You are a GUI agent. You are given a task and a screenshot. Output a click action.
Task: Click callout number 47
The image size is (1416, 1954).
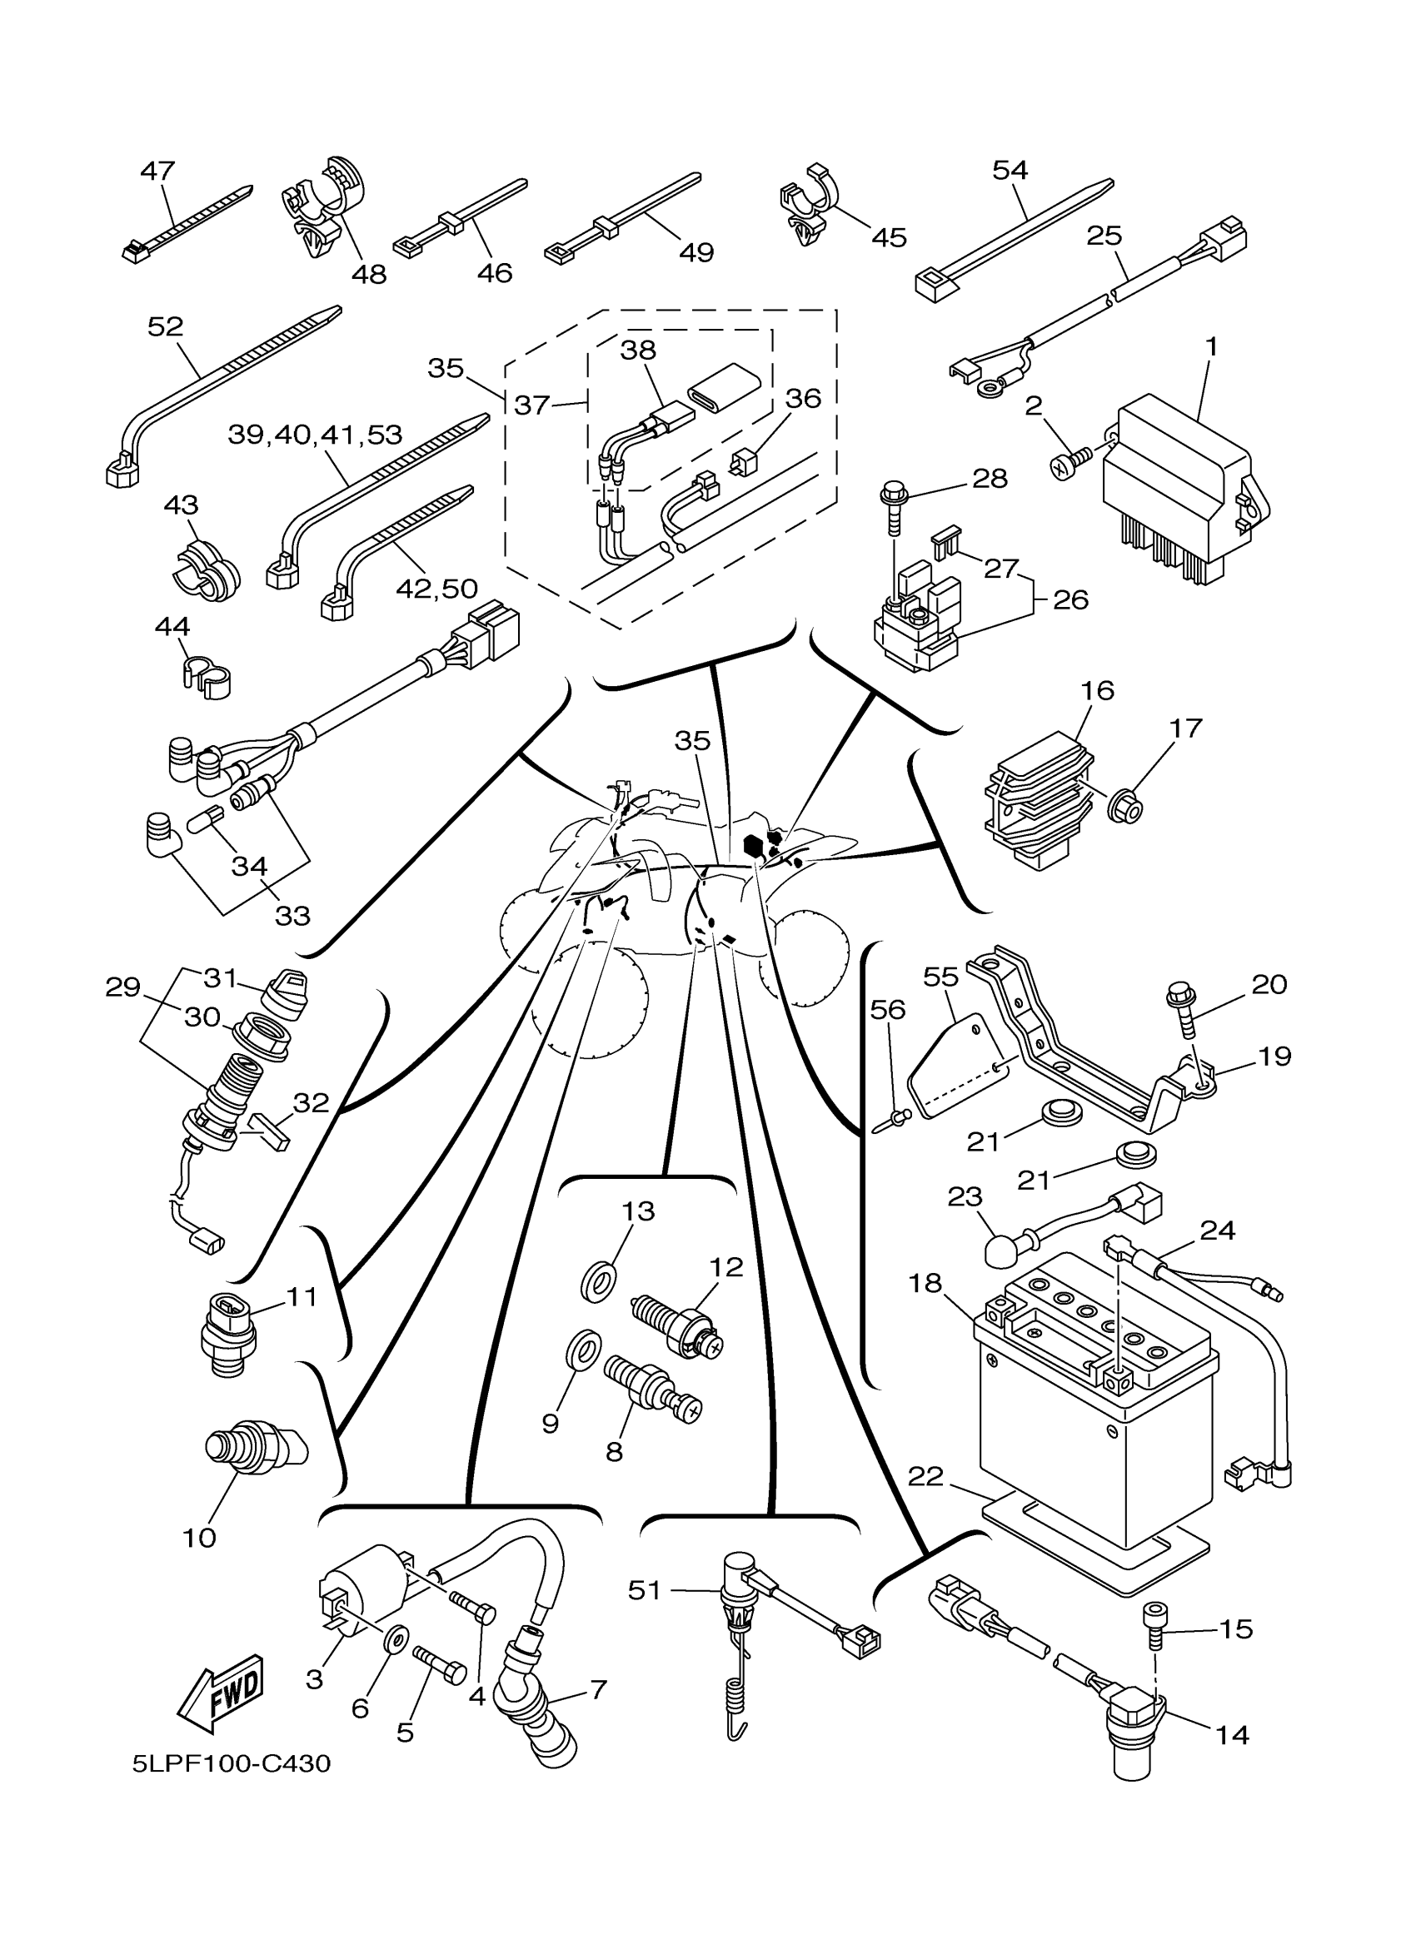coord(157,171)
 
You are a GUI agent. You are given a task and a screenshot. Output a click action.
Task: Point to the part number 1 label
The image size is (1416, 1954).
coord(1211,346)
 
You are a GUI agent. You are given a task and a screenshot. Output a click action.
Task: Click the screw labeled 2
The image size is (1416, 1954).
coord(1069,466)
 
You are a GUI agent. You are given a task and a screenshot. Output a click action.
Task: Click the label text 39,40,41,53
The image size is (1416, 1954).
coord(315,435)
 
